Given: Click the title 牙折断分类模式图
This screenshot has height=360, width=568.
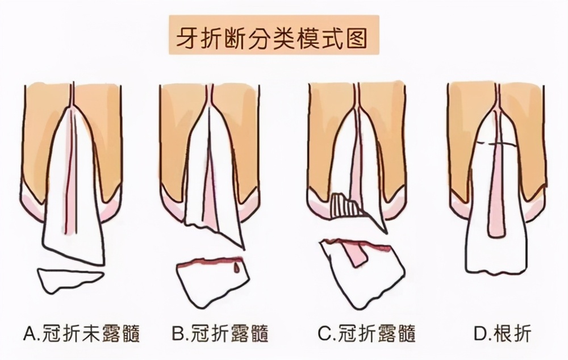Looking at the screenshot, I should (x=274, y=38).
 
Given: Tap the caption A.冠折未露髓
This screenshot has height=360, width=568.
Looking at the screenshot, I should (x=82, y=333).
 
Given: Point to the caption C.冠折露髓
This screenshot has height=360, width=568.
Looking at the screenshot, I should (x=366, y=333).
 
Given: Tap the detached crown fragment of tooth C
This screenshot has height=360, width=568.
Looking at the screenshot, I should (x=364, y=273).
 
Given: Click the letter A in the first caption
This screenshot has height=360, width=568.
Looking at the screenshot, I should (x=30, y=333).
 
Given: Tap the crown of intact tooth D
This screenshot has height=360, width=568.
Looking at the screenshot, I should (x=494, y=250).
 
